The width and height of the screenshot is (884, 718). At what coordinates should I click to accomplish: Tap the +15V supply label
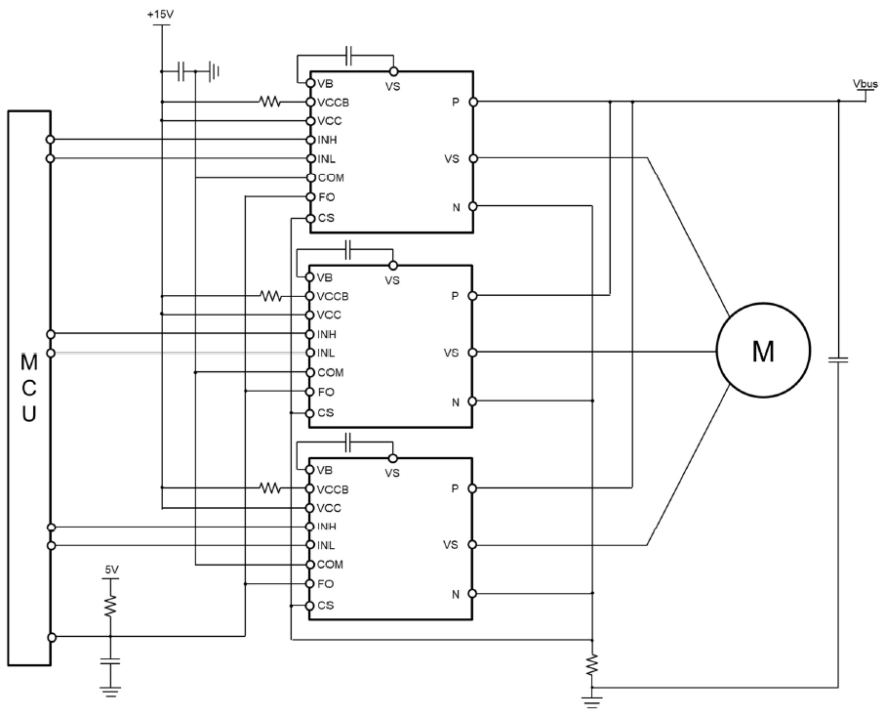(x=161, y=15)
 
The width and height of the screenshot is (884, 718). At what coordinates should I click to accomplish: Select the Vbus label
(x=865, y=84)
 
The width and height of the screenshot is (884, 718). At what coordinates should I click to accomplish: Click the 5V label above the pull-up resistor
(x=111, y=570)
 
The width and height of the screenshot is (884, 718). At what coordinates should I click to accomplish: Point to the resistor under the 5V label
(x=110, y=606)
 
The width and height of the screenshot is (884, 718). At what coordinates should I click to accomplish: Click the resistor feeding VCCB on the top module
(x=270, y=102)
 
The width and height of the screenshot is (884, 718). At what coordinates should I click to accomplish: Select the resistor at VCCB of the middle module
(x=270, y=296)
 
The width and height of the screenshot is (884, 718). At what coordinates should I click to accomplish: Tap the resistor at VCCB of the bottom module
(x=270, y=487)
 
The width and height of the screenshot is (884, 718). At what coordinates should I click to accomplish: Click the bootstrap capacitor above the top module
(x=348, y=56)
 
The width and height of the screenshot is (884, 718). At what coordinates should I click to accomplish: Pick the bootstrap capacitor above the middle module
(x=348, y=249)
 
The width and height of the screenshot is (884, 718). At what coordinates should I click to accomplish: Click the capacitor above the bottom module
(x=348, y=443)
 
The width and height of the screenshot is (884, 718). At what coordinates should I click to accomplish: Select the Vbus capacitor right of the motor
(x=838, y=359)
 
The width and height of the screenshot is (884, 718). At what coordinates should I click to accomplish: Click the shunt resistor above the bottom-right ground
(x=592, y=665)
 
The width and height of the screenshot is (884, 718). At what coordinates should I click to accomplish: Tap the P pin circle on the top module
(x=473, y=102)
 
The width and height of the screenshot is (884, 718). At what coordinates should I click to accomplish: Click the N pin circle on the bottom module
(x=472, y=593)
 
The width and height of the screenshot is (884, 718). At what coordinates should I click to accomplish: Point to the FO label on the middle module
(x=326, y=392)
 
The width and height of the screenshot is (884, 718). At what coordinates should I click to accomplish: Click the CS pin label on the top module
(x=326, y=217)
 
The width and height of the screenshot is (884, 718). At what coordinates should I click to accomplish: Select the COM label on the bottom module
(x=331, y=565)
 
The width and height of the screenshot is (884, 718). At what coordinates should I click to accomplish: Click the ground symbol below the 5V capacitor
(x=110, y=692)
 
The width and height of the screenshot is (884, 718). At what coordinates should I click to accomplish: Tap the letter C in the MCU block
(x=29, y=389)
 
